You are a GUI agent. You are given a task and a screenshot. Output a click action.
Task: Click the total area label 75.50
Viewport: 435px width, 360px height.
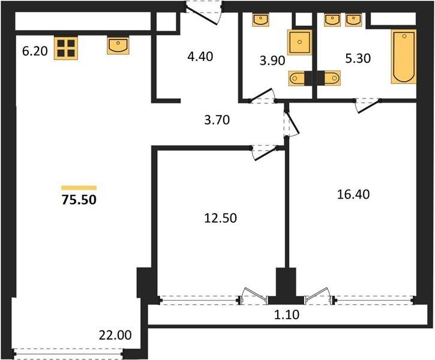[x=79, y=200]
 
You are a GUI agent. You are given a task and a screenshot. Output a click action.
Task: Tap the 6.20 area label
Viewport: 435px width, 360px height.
[x=35, y=52]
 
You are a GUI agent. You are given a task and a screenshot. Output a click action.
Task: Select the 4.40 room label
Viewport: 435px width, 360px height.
[x=200, y=56]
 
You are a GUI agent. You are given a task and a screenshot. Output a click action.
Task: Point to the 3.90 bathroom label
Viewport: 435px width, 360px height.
[x=272, y=61]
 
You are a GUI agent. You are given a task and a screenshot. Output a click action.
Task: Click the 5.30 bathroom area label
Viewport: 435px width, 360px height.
[x=358, y=59]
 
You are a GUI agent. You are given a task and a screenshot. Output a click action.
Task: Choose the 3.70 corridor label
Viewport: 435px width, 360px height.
[x=217, y=120]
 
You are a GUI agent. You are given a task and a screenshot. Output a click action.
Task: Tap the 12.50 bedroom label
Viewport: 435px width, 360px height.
[x=221, y=218]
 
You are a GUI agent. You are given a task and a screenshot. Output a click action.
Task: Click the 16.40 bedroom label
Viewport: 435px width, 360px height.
[x=353, y=194]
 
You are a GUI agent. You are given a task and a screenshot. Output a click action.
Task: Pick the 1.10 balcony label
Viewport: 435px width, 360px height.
[x=287, y=315]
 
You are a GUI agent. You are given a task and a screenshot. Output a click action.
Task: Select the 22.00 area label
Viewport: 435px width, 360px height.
[x=115, y=335]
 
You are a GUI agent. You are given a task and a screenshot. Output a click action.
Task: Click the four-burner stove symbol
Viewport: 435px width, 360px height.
[x=66, y=48]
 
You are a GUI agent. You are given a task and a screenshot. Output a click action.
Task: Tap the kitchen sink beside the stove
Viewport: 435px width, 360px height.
[x=118, y=45]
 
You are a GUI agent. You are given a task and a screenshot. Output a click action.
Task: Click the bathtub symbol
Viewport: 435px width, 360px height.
[x=404, y=56]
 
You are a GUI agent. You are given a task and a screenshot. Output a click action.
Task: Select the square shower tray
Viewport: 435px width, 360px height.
[x=299, y=42]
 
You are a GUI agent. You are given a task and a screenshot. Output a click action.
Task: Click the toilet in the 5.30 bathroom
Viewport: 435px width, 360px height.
[x=329, y=78]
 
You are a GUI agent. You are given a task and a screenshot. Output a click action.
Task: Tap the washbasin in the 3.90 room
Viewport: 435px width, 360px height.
[x=260, y=20]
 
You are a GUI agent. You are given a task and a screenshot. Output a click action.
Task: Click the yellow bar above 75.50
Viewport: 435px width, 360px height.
[x=79, y=188]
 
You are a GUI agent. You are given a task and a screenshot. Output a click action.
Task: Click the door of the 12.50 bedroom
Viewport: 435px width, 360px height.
[x=265, y=152]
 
